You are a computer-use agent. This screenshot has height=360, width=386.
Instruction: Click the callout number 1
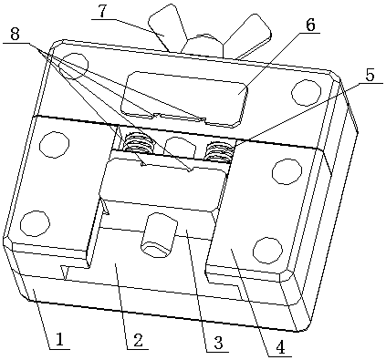coord(59,339)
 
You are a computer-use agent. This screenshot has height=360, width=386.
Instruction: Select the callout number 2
coord(137,340)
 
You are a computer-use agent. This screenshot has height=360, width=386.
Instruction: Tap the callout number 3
coord(218,343)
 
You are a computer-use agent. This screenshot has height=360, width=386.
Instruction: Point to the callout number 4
coord(280,347)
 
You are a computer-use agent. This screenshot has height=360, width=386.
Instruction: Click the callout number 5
coord(370,76)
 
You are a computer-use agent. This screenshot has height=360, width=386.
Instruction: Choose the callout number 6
coord(310,25)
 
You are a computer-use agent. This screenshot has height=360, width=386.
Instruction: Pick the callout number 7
coord(103,12)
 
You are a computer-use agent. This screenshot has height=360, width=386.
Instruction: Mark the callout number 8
coord(15,35)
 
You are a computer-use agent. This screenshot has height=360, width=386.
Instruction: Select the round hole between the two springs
coord(180,146)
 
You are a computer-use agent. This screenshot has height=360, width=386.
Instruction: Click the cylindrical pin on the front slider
coord(158,234)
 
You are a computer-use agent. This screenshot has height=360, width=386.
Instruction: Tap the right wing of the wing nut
coord(248,35)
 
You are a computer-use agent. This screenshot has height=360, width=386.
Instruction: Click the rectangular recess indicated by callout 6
coord(184,98)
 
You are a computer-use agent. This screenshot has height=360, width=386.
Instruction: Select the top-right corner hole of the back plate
coord(307,92)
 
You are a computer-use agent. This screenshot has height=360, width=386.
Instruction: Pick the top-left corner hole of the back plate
coord(74,66)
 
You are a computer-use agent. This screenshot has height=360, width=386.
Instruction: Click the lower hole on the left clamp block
coord(36,223)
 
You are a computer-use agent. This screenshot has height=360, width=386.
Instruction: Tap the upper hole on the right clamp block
coord(287,171)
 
